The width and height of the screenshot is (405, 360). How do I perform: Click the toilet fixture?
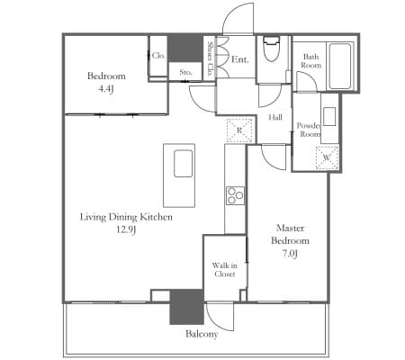click(272, 48)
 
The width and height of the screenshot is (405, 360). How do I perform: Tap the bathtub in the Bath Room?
click(340, 67)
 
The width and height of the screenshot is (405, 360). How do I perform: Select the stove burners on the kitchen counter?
click(235, 196)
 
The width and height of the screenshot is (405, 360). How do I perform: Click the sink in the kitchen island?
click(183, 164)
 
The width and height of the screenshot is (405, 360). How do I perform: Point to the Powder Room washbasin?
click(329, 116)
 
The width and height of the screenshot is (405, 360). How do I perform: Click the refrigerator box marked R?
click(239, 130)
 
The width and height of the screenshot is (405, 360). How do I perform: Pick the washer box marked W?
click(327, 157)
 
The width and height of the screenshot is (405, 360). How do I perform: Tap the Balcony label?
click(202, 334)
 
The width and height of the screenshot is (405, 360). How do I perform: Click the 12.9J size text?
click(126, 230)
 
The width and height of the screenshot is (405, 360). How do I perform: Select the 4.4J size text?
click(106, 89)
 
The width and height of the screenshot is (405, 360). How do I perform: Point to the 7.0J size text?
click(290, 254)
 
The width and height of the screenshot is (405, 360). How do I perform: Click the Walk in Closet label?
click(225, 270)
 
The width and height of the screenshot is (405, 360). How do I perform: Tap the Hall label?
click(275, 117)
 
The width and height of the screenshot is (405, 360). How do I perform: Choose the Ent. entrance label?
click(240, 59)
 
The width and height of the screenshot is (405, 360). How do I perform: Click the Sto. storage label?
click(185, 72)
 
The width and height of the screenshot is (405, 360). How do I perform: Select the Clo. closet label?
click(158, 56)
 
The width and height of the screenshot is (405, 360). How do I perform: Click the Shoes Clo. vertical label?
click(210, 58)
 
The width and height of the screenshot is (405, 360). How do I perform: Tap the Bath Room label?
click(311, 61)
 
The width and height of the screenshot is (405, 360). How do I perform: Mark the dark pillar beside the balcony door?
click(186, 307)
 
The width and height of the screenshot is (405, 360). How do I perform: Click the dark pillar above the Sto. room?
click(184, 49)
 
